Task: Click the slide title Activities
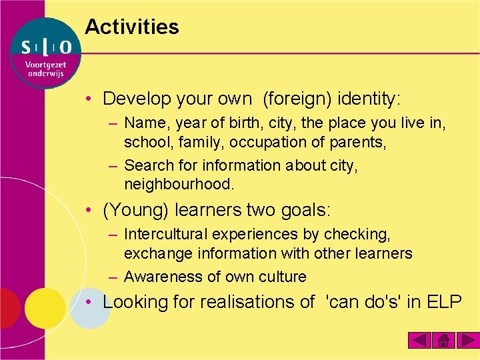132,27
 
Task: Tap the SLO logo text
45,47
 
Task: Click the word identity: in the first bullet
369,99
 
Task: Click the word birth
239,123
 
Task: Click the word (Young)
136,211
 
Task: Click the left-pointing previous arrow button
419,341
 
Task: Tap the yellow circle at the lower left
45,308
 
